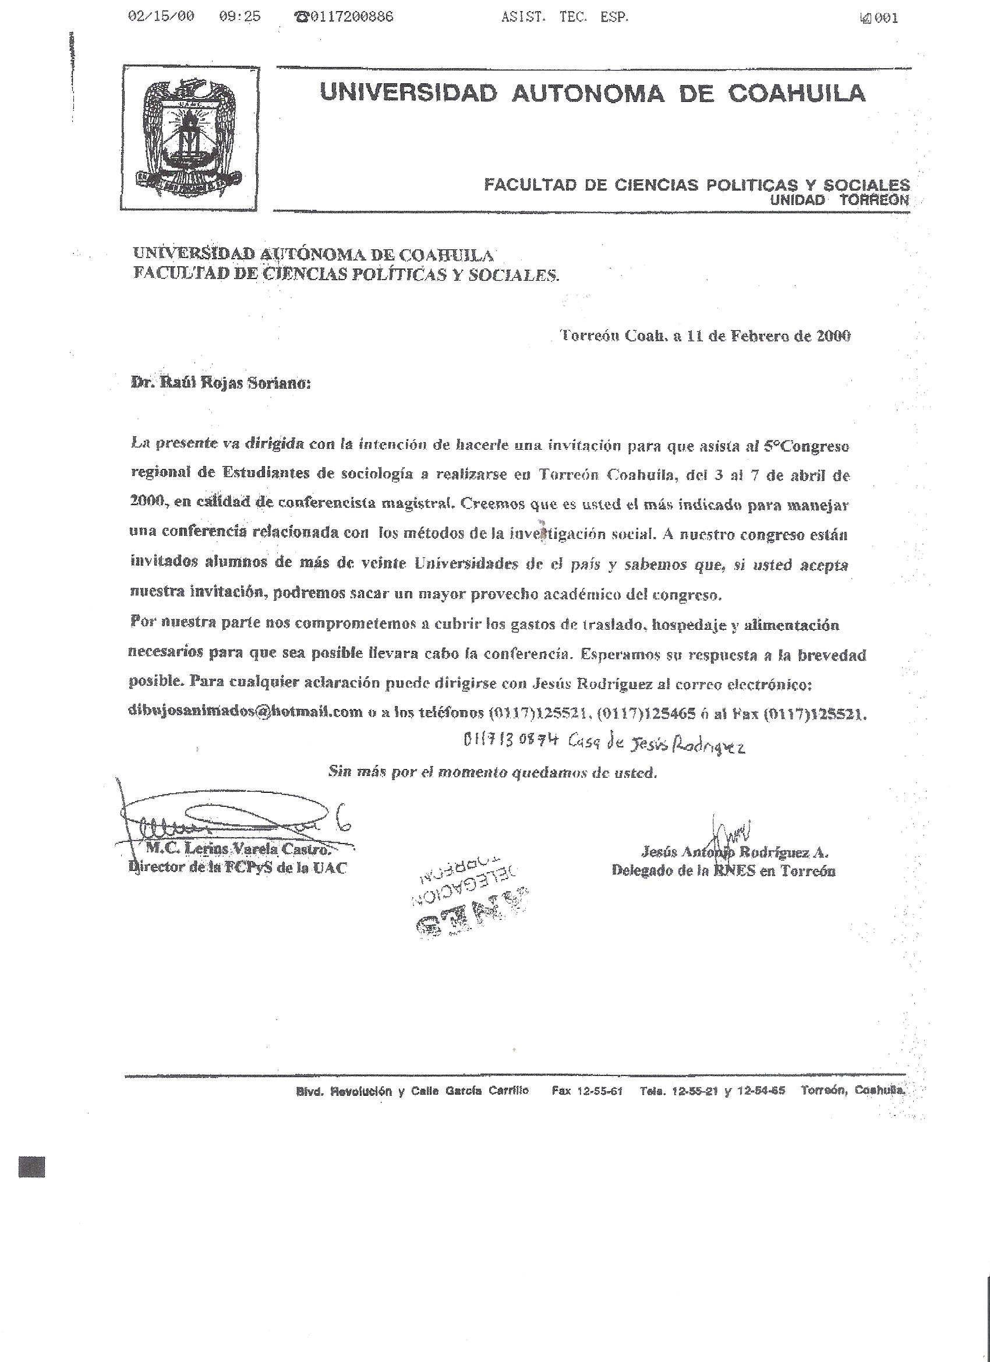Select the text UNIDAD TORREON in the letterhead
(839, 200)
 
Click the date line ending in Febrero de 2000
(705, 336)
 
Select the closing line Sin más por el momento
(492, 774)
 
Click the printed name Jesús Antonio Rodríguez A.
(734, 852)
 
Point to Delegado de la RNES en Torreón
(723, 870)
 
